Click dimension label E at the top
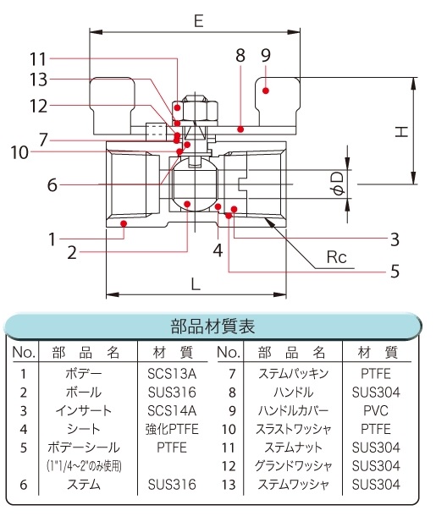[x=199, y=21]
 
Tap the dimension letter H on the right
[x=401, y=131]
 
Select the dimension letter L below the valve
[x=196, y=284]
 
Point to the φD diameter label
[x=339, y=184]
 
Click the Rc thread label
[x=336, y=257]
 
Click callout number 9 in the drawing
[x=266, y=55]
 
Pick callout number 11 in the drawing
[x=38, y=59]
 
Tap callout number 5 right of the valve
[x=395, y=272]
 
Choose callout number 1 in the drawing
[x=52, y=239]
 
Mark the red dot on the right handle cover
[x=266, y=91]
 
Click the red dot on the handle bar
[x=240, y=129]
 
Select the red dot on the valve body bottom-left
[x=124, y=222]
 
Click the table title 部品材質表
[x=212, y=327]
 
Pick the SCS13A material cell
[x=172, y=374]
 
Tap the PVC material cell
[x=376, y=411]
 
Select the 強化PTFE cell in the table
[x=172, y=429]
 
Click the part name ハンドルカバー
[x=293, y=411]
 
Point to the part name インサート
[x=84, y=411]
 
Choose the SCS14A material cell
[x=172, y=411]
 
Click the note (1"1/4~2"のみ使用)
[x=84, y=466]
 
